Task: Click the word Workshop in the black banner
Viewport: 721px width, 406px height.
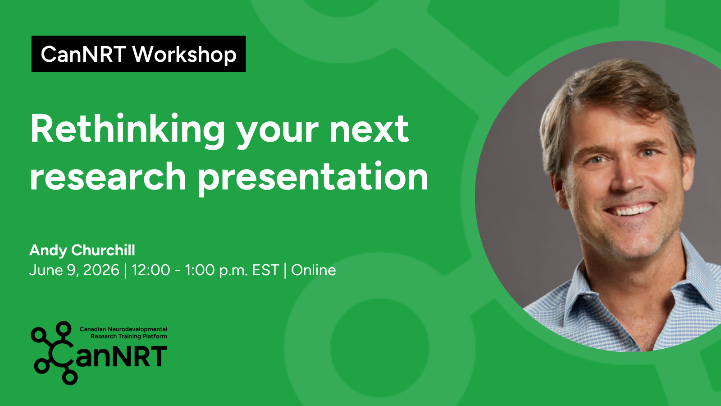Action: (x=184, y=54)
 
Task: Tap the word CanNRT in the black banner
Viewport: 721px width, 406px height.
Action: (x=83, y=54)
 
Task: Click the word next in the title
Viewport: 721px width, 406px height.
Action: (x=369, y=130)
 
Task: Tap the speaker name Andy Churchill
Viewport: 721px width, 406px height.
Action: (x=82, y=250)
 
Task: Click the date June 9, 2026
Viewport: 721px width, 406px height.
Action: (x=74, y=270)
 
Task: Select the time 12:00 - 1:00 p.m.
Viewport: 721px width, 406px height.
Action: (x=189, y=270)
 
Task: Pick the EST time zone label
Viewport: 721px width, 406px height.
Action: (x=265, y=270)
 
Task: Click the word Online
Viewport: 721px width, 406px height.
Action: (x=314, y=270)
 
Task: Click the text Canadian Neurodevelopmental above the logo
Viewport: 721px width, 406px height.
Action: (x=123, y=329)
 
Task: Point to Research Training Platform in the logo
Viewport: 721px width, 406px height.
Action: (x=129, y=337)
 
